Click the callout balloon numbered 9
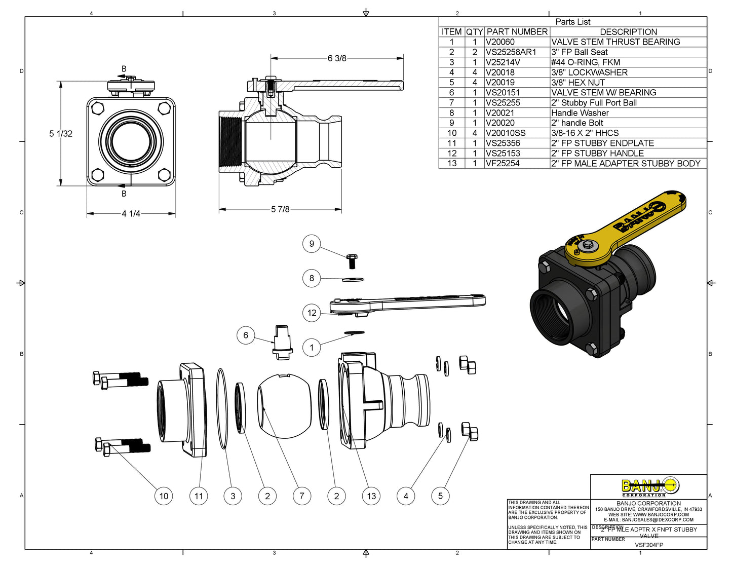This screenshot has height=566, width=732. (x=312, y=244)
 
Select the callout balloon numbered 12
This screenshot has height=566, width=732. (x=312, y=313)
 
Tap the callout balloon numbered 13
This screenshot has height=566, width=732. (x=371, y=496)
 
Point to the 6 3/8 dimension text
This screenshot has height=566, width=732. (x=337, y=58)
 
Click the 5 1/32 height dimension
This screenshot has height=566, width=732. (x=61, y=134)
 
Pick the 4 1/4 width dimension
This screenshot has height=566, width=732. (x=131, y=214)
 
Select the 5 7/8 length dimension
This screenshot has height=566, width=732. (x=280, y=209)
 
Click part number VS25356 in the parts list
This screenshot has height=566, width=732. (x=503, y=143)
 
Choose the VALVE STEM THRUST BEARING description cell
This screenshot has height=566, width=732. (x=615, y=42)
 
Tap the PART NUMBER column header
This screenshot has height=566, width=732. (x=517, y=32)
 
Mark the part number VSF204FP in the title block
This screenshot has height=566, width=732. (x=649, y=545)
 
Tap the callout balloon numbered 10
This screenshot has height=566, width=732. (x=164, y=496)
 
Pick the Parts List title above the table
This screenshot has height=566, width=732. (x=572, y=22)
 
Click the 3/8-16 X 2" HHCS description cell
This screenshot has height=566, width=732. (x=585, y=133)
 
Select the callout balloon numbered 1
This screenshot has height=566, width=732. (x=312, y=348)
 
